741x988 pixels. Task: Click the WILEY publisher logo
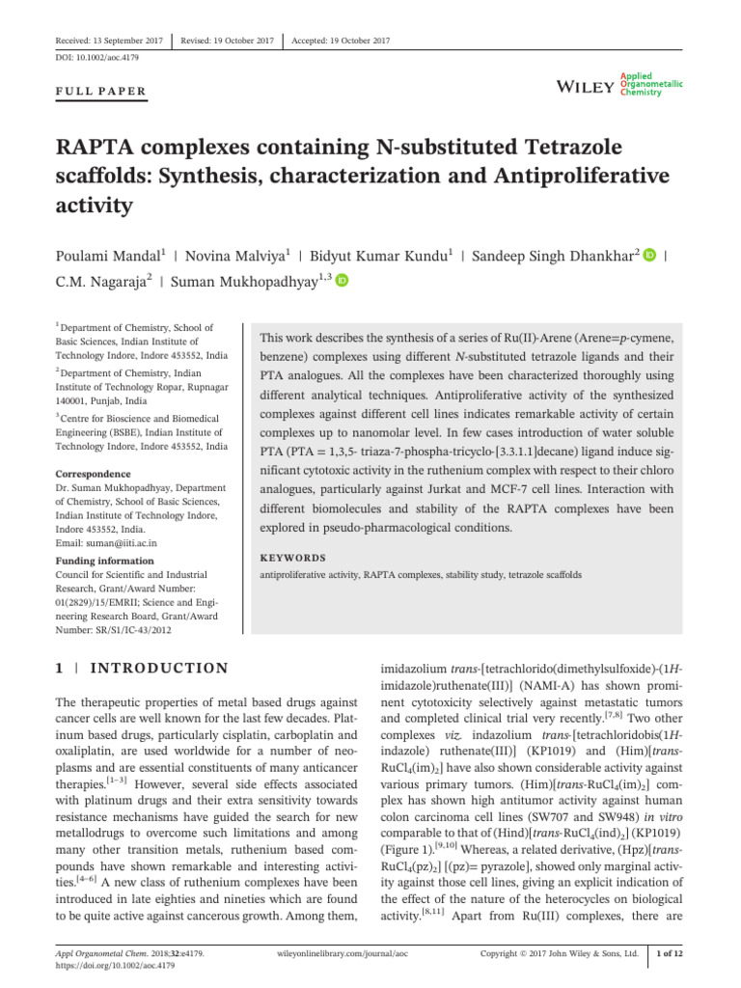coord(586,88)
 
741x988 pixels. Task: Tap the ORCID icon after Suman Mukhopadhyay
coord(342,281)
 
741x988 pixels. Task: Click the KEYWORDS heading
coord(293,558)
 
